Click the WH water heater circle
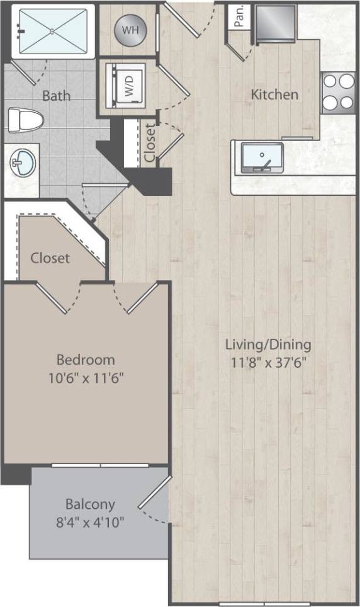point(130,29)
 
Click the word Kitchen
point(274,95)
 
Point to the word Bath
point(56,96)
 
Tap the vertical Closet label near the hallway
point(150,143)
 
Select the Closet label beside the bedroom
point(50,258)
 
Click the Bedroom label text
point(86,360)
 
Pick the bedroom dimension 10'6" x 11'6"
point(86,378)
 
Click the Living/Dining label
point(269,345)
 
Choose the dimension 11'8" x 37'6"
point(269,363)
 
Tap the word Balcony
point(90,504)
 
